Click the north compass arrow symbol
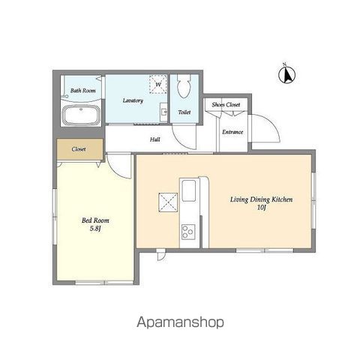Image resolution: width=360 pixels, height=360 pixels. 286,74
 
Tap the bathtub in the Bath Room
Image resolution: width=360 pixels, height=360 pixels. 81,115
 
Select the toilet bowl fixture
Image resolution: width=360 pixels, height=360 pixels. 184,85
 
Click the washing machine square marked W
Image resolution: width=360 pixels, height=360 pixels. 158,84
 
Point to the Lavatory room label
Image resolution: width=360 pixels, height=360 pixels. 133,100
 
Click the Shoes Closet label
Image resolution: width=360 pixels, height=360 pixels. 226,104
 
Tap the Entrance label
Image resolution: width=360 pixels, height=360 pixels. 232,132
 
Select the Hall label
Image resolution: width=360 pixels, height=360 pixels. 155,139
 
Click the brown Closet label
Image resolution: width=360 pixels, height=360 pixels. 79,149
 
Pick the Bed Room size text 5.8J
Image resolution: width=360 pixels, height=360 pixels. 95,229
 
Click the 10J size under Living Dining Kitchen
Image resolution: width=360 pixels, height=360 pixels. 262,207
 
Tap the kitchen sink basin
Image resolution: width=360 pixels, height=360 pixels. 189,190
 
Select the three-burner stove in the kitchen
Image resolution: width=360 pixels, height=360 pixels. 188,232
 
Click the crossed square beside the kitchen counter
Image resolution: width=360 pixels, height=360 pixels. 168,202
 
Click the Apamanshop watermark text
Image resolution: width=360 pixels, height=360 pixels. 180,322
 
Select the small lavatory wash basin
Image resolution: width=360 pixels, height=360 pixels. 163,112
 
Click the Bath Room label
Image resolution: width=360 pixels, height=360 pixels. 83,91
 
